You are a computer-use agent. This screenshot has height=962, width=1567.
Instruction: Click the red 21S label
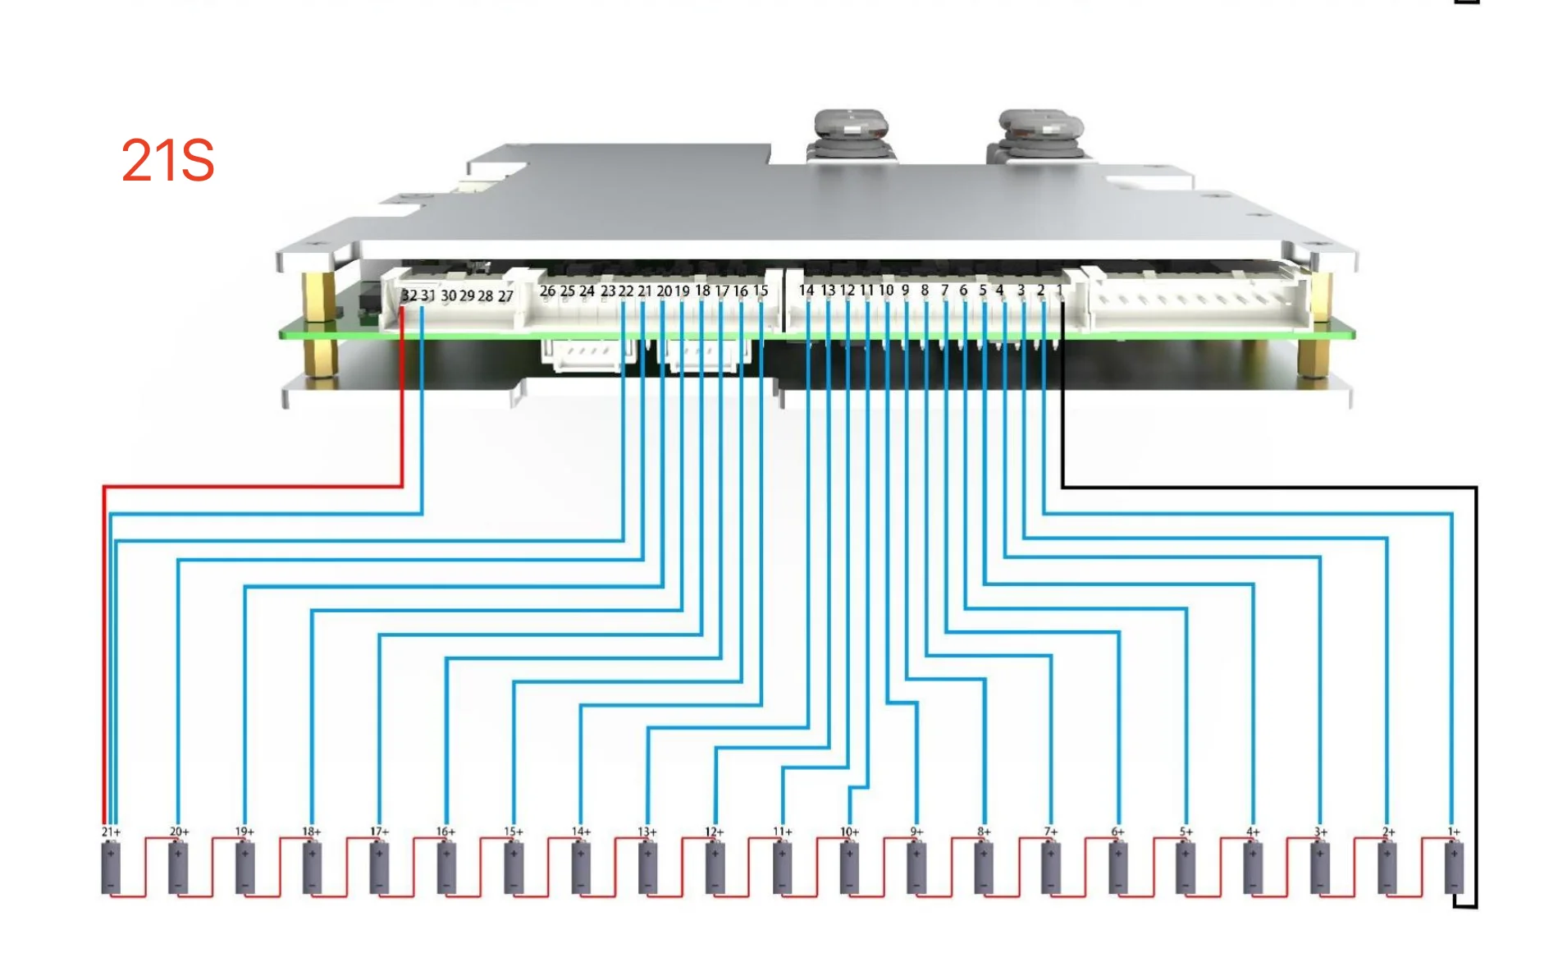coord(167,160)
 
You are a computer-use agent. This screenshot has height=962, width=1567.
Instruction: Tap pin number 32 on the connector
coord(409,295)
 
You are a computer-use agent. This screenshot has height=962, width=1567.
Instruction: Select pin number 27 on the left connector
coord(505,296)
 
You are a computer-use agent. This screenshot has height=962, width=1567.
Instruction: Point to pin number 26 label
coord(547,291)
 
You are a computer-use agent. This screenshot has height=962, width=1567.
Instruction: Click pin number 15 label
coord(761,291)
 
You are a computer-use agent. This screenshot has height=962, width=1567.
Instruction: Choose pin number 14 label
coord(806,290)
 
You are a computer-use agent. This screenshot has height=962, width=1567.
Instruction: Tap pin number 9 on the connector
coord(905,290)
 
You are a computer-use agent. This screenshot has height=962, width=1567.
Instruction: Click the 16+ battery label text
coord(445,831)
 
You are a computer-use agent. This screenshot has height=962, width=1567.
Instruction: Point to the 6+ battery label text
coord(1117,831)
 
